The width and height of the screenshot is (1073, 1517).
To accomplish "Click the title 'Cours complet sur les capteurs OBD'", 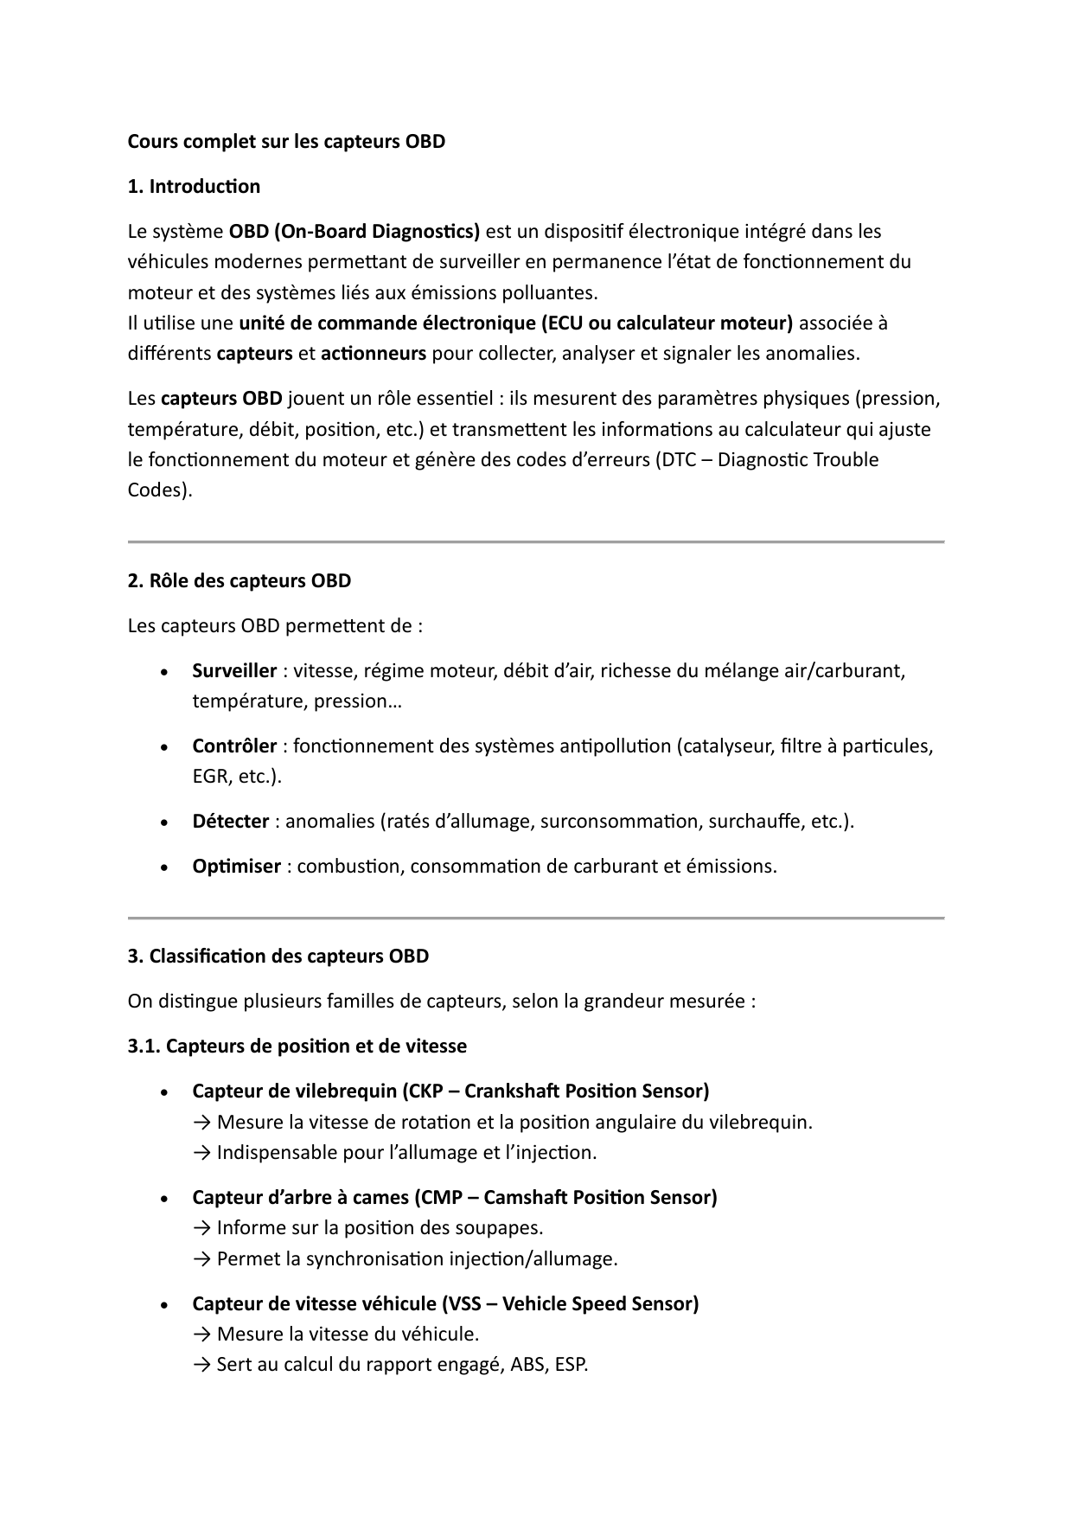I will point(286,141).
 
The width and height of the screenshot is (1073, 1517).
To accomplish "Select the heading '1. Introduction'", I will point(194,186).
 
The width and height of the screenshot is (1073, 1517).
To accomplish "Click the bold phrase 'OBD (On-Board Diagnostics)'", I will point(354,231).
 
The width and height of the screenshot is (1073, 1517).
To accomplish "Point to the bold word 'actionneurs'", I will point(373,353).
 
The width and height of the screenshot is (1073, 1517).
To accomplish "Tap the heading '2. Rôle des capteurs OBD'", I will point(240,580).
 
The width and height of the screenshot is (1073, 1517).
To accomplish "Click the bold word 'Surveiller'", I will point(234,670).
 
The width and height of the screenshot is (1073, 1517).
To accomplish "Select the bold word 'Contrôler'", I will point(234,746).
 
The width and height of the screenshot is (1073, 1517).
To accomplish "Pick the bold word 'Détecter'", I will point(230,821).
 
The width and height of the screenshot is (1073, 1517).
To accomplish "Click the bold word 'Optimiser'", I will point(236,866).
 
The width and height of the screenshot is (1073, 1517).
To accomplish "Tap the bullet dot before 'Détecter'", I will point(164,823).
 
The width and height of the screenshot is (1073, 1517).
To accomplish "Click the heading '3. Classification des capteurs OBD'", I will point(278,956).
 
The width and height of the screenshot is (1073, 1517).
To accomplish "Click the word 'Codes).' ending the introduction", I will point(160,490).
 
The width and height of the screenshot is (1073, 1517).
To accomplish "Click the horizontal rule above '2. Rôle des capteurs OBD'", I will point(536,541).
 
